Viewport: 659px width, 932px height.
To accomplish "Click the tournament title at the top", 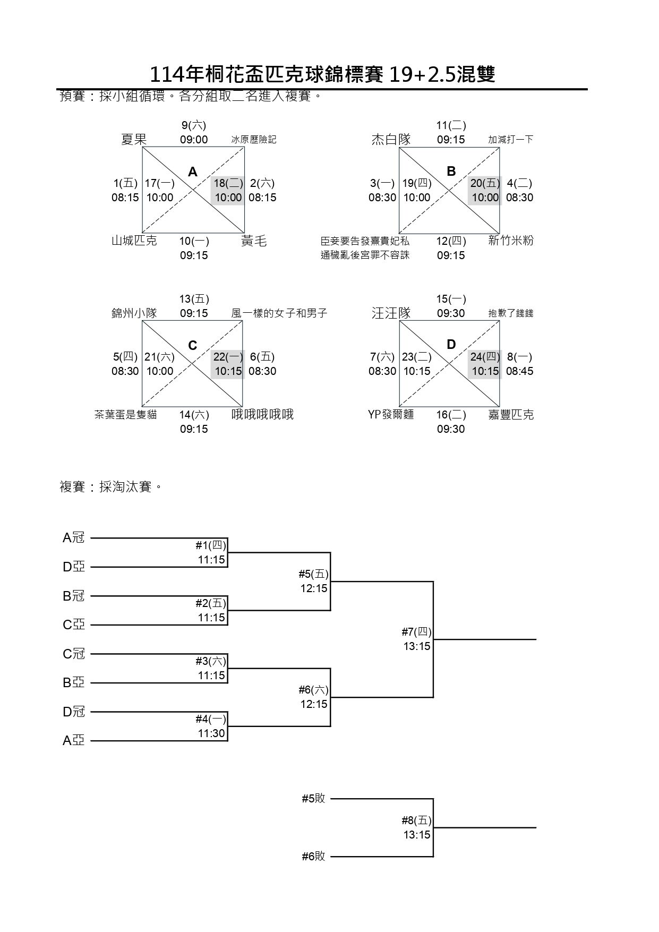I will (x=322, y=75).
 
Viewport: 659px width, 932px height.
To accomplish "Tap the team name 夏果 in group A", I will (x=134, y=140).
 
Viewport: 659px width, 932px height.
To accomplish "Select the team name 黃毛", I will (x=254, y=241).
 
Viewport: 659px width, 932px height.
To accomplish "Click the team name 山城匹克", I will (x=134, y=241).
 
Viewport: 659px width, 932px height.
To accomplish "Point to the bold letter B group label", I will (x=451, y=171).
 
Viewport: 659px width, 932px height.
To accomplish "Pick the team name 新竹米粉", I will (x=510, y=241).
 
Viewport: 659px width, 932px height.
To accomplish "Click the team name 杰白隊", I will (x=391, y=140).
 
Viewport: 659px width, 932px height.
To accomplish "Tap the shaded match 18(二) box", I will (x=228, y=190).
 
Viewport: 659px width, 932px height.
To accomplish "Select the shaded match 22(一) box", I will (x=228, y=364).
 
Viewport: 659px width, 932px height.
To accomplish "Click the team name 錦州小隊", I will (x=134, y=313).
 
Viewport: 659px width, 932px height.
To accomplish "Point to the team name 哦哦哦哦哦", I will (x=262, y=414).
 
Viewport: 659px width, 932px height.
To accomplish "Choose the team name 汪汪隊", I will (x=391, y=313).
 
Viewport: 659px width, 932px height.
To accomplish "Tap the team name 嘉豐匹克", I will (x=510, y=414).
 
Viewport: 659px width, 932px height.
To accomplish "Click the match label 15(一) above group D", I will (x=451, y=299).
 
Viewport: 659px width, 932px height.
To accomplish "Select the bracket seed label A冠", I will (x=74, y=538).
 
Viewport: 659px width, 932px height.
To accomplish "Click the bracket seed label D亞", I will (x=74, y=567).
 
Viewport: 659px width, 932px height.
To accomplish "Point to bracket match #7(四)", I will (x=416, y=632).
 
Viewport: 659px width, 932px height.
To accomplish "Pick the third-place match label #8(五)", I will (x=416, y=820).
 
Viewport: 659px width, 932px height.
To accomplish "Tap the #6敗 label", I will (x=313, y=856).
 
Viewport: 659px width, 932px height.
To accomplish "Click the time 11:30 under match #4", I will (x=211, y=733).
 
